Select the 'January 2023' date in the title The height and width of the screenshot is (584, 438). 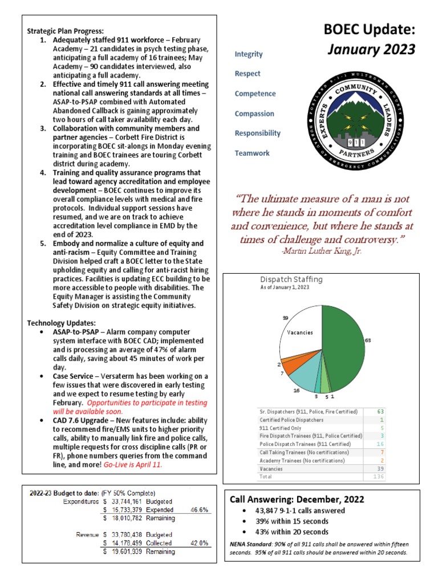tap(371, 50)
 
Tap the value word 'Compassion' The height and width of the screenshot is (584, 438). tap(254, 113)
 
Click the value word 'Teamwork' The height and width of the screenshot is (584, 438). tap(252, 153)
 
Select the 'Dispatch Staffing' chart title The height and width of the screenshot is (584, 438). tap(291, 279)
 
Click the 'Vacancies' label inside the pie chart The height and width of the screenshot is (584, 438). tap(300, 332)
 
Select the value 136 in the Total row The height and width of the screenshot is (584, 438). tap(378, 476)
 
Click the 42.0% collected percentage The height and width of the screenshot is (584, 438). tap(200, 543)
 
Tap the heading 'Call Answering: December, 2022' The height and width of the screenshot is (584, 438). tap(297, 499)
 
